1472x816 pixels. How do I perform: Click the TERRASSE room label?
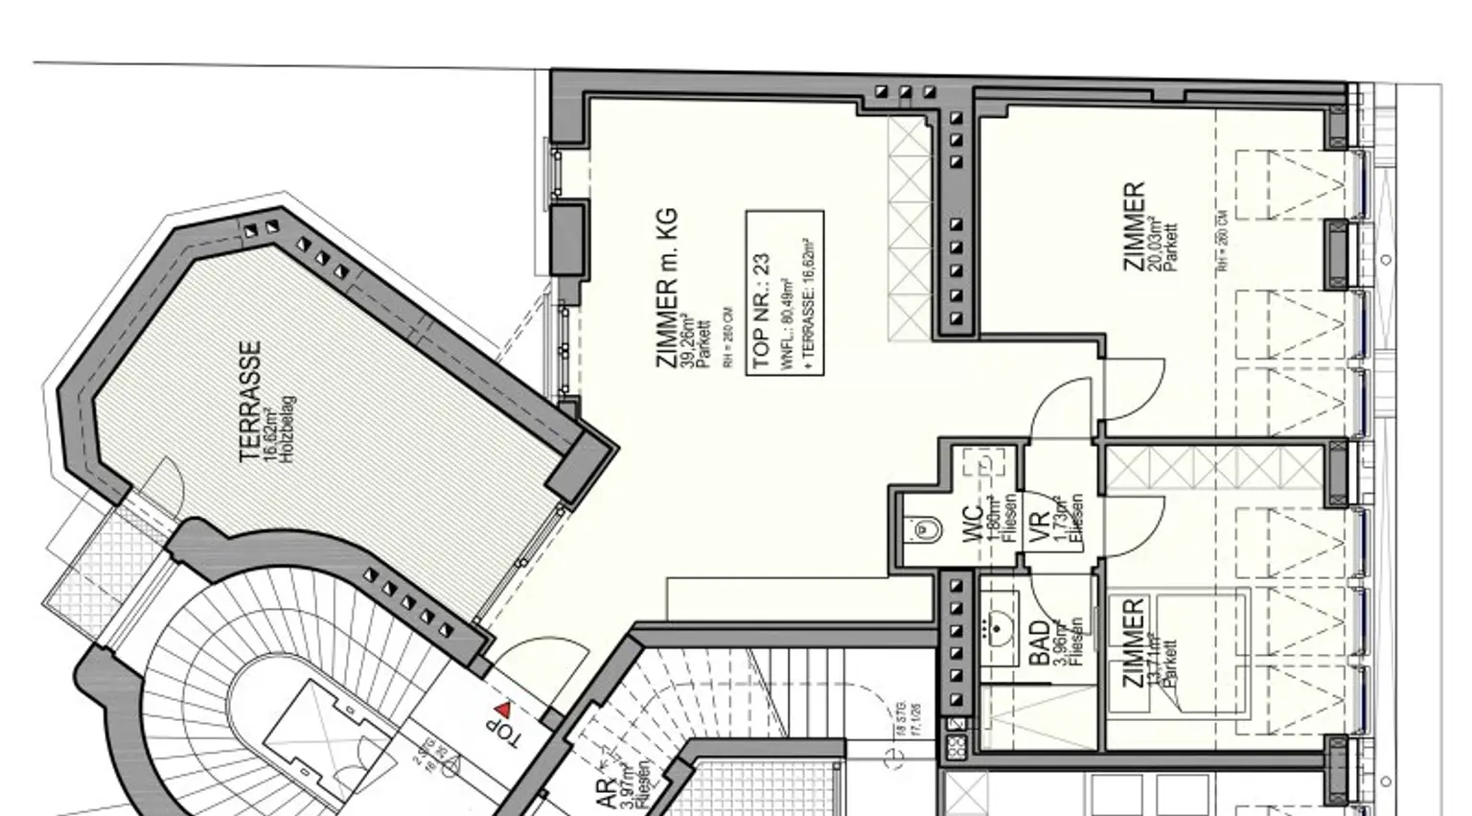click(250, 402)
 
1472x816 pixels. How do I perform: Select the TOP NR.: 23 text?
click(762, 311)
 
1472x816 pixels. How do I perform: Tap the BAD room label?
click(1039, 643)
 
